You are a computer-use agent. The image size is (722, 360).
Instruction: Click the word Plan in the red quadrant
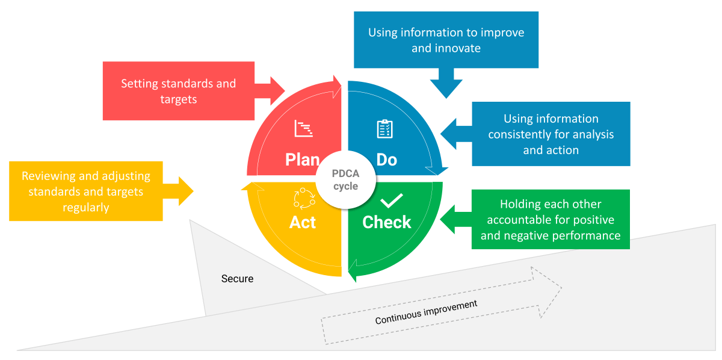pyautogui.click(x=302, y=160)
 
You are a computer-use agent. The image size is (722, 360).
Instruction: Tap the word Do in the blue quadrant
pyautogui.click(x=387, y=160)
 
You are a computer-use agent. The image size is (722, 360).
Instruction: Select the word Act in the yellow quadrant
pyautogui.click(x=302, y=222)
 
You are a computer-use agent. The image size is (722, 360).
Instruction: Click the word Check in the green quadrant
pyautogui.click(x=387, y=222)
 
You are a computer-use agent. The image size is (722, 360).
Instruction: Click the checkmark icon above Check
pyautogui.click(x=392, y=199)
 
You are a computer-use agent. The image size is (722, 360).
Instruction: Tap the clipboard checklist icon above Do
pyautogui.click(x=384, y=129)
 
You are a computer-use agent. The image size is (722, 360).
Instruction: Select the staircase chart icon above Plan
pyautogui.click(x=304, y=128)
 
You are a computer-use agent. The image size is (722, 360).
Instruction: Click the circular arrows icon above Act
pyautogui.click(x=304, y=198)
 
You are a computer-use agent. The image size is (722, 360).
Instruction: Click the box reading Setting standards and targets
pyautogui.click(x=178, y=91)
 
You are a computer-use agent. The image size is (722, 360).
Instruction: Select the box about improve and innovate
pyautogui.click(x=446, y=40)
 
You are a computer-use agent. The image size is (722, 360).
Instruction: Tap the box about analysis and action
pyautogui.click(x=551, y=134)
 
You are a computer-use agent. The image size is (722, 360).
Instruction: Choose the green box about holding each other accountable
pyautogui.click(x=551, y=220)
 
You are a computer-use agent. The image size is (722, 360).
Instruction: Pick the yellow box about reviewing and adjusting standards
pyautogui.click(x=86, y=191)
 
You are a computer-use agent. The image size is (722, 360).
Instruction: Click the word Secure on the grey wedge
pyautogui.click(x=237, y=279)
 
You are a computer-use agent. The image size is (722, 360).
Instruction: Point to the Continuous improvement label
pyautogui.click(x=426, y=312)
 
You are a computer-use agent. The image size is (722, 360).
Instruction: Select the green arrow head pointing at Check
pyautogui.click(x=448, y=220)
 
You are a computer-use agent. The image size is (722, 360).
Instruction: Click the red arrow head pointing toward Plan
pyautogui.click(x=277, y=91)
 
